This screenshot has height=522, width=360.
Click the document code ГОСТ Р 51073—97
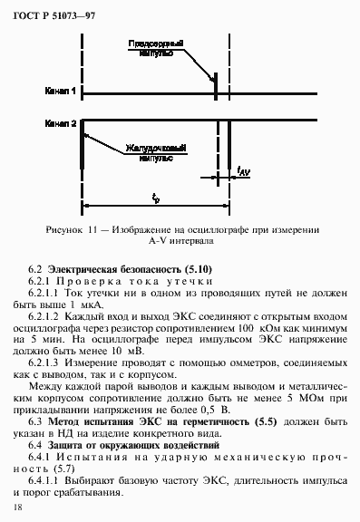pyautogui.click(x=52, y=14)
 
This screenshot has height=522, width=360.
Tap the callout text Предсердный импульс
pyautogui.click(x=150, y=46)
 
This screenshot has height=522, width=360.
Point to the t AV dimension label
pyautogui.click(x=244, y=171)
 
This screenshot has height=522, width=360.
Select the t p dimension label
pyautogui.click(x=156, y=198)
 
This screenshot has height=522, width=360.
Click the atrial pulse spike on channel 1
pyautogui.click(x=215, y=89)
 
